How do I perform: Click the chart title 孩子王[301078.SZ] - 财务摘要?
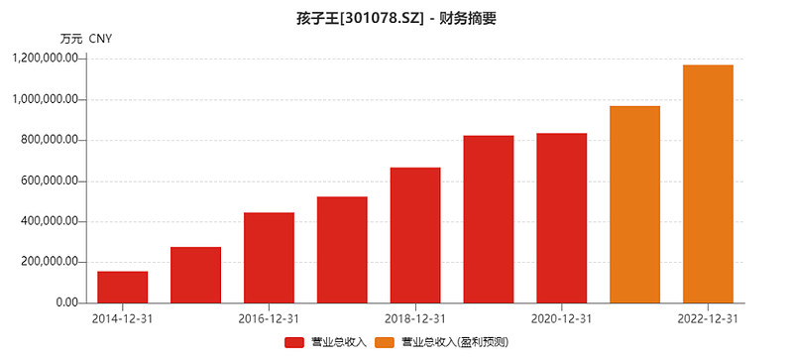(396, 19)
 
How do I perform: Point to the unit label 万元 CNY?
(86, 39)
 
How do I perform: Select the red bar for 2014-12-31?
(122, 287)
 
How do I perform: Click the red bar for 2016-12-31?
(269, 258)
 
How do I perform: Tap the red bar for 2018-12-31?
(415, 235)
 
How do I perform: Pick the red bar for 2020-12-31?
(561, 218)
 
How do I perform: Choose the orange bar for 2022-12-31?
(708, 184)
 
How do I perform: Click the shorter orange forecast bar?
(634, 204)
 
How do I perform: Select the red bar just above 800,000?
(489, 219)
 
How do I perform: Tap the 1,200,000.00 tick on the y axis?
(46, 60)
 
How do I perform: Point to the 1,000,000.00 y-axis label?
(46, 100)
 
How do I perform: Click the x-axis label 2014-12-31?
(122, 319)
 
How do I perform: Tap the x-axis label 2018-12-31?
(415, 319)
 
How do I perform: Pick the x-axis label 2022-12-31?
(708, 319)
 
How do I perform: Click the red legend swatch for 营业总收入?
(294, 343)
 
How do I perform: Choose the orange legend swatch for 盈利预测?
(384, 343)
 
